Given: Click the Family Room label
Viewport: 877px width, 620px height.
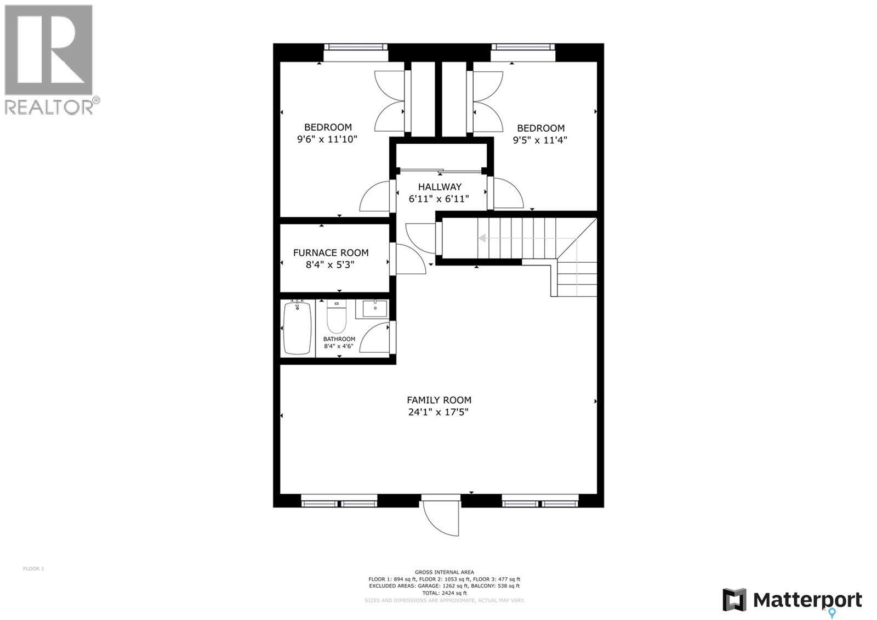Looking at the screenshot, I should [x=438, y=400].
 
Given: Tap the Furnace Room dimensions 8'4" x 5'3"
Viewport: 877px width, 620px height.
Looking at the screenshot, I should [x=330, y=264].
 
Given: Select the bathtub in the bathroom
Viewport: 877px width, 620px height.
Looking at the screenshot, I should [x=297, y=328].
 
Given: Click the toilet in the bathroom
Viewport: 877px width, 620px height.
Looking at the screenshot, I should [x=336, y=318].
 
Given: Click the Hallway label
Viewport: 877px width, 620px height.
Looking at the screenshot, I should [x=440, y=187].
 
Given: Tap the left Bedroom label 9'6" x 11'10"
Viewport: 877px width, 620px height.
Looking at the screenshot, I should [x=327, y=133].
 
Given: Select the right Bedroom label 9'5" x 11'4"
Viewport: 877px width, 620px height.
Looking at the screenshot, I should [x=540, y=134].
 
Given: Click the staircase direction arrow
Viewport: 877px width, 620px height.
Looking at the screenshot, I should [x=483, y=238].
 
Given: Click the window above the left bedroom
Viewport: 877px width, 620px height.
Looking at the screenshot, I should [x=355, y=53].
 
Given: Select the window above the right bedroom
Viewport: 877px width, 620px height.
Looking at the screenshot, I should [x=522, y=53].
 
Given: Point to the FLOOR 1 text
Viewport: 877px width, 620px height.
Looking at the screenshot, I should [x=33, y=568].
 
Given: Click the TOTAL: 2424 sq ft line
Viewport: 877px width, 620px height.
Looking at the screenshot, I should [x=445, y=593].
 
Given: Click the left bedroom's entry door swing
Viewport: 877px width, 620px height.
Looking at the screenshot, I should [x=375, y=198].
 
